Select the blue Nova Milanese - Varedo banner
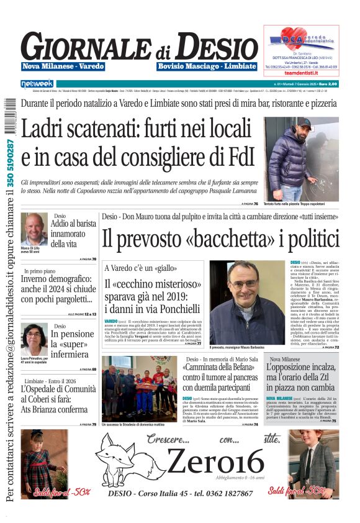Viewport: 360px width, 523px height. (x=63, y=66)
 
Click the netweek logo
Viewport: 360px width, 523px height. (x=37, y=83)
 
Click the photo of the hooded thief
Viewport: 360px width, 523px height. (x=301, y=158)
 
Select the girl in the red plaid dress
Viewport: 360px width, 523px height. (x=44, y=463)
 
